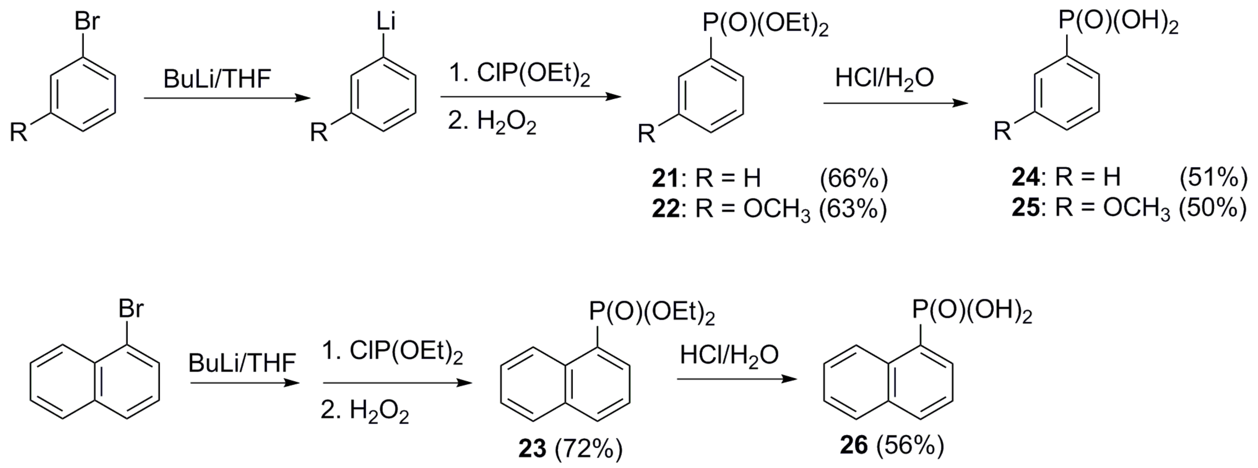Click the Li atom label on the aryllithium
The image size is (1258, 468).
pyautogui.click(x=385, y=22)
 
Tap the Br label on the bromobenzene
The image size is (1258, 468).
pyautogui.click(x=87, y=22)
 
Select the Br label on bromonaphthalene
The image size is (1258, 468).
pyautogui.click(x=131, y=309)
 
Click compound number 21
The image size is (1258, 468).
pyautogui.click(x=665, y=179)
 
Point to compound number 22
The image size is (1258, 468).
pyautogui.click(x=665, y=209)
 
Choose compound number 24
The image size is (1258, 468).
pyautogui.click(x=1025, y=178)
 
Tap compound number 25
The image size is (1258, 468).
pyautogui.click(x=1025, y=208)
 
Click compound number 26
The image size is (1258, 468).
pyautogui.click(x=854, y=446)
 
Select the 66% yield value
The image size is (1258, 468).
pyautogui.click(x=854, y=179)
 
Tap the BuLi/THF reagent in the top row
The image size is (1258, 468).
pyautogui.click(x=217, y=79)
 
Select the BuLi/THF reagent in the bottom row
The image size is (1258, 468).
pyautogui.click(x=242, y=363)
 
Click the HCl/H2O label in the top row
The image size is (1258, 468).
pyautogui.click(x=884, y=78)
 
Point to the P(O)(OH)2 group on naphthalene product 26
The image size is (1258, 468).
pyautogui.click(x=972, y=310)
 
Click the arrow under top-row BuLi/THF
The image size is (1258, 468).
pyautogui.click(x=227, y=98)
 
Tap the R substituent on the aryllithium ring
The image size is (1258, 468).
pyautogui.click(x=319, y=132)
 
